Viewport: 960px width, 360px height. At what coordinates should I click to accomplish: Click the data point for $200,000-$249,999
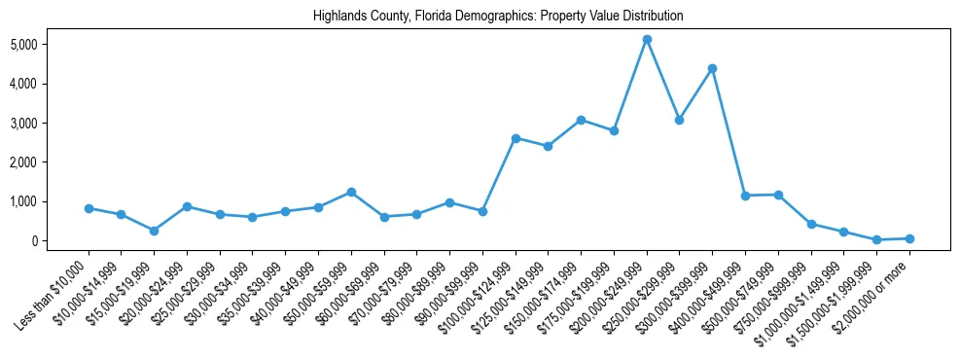click(x=647, y=40)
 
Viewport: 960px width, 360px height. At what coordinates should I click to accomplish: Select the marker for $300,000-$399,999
click(x=712, y=68)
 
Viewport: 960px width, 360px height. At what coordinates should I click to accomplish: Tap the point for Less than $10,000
click(x=89, y=208)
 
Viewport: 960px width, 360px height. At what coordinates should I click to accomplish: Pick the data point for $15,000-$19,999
click(x=154, y=231)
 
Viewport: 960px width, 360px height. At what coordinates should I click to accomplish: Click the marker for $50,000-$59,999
click(x=351, y=192)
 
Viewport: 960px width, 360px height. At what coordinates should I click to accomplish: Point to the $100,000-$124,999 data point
click(x=516, y=138)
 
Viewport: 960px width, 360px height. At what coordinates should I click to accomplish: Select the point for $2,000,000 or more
click(x=909, y=238)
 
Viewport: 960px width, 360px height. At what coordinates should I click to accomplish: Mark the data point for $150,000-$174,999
click(x=581, y=120)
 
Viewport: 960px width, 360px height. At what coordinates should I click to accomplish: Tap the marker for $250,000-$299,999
click(x=680, y=120)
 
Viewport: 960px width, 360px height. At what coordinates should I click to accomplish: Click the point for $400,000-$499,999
click(x=745, y=196)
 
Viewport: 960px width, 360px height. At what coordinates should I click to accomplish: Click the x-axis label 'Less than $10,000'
click(x=55, y=288)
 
